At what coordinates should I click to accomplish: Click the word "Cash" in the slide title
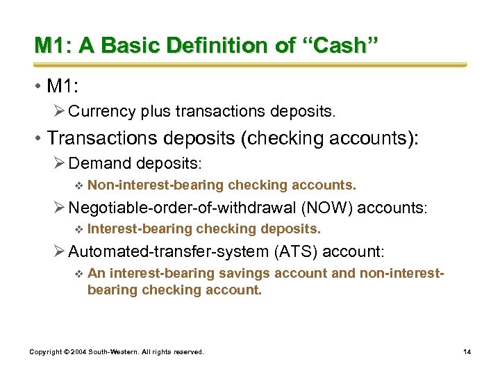[x=342, y=46]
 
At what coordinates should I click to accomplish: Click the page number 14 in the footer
[x=467, y=352]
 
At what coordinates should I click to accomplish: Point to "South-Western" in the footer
[x=115, y=352]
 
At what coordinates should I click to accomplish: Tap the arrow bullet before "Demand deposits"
[x=60, y=164]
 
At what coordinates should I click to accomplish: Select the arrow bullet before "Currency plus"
[x=60, y=111]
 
